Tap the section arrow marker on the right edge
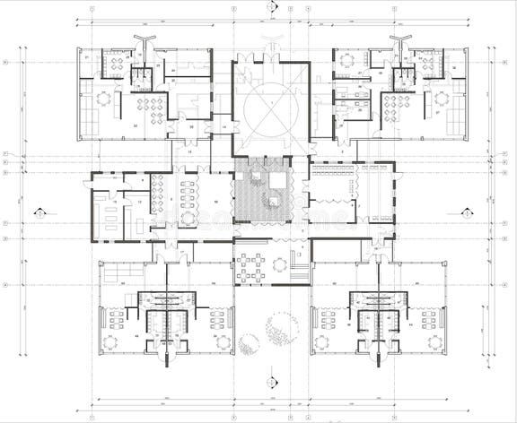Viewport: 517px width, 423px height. pyautogui.click(x=466, y=213)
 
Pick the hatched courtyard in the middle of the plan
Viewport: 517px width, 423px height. pyautogui.click(x=263, y=189)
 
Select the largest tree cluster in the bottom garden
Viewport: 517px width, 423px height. pyautogui.click(x=283, y=328)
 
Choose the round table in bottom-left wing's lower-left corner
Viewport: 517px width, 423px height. pyautogui.click(x=112, y=341)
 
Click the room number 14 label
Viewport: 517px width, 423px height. pyautogui.click(x=221, y=128)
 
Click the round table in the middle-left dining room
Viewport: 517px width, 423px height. pyautogui.click(x=188, y=217)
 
